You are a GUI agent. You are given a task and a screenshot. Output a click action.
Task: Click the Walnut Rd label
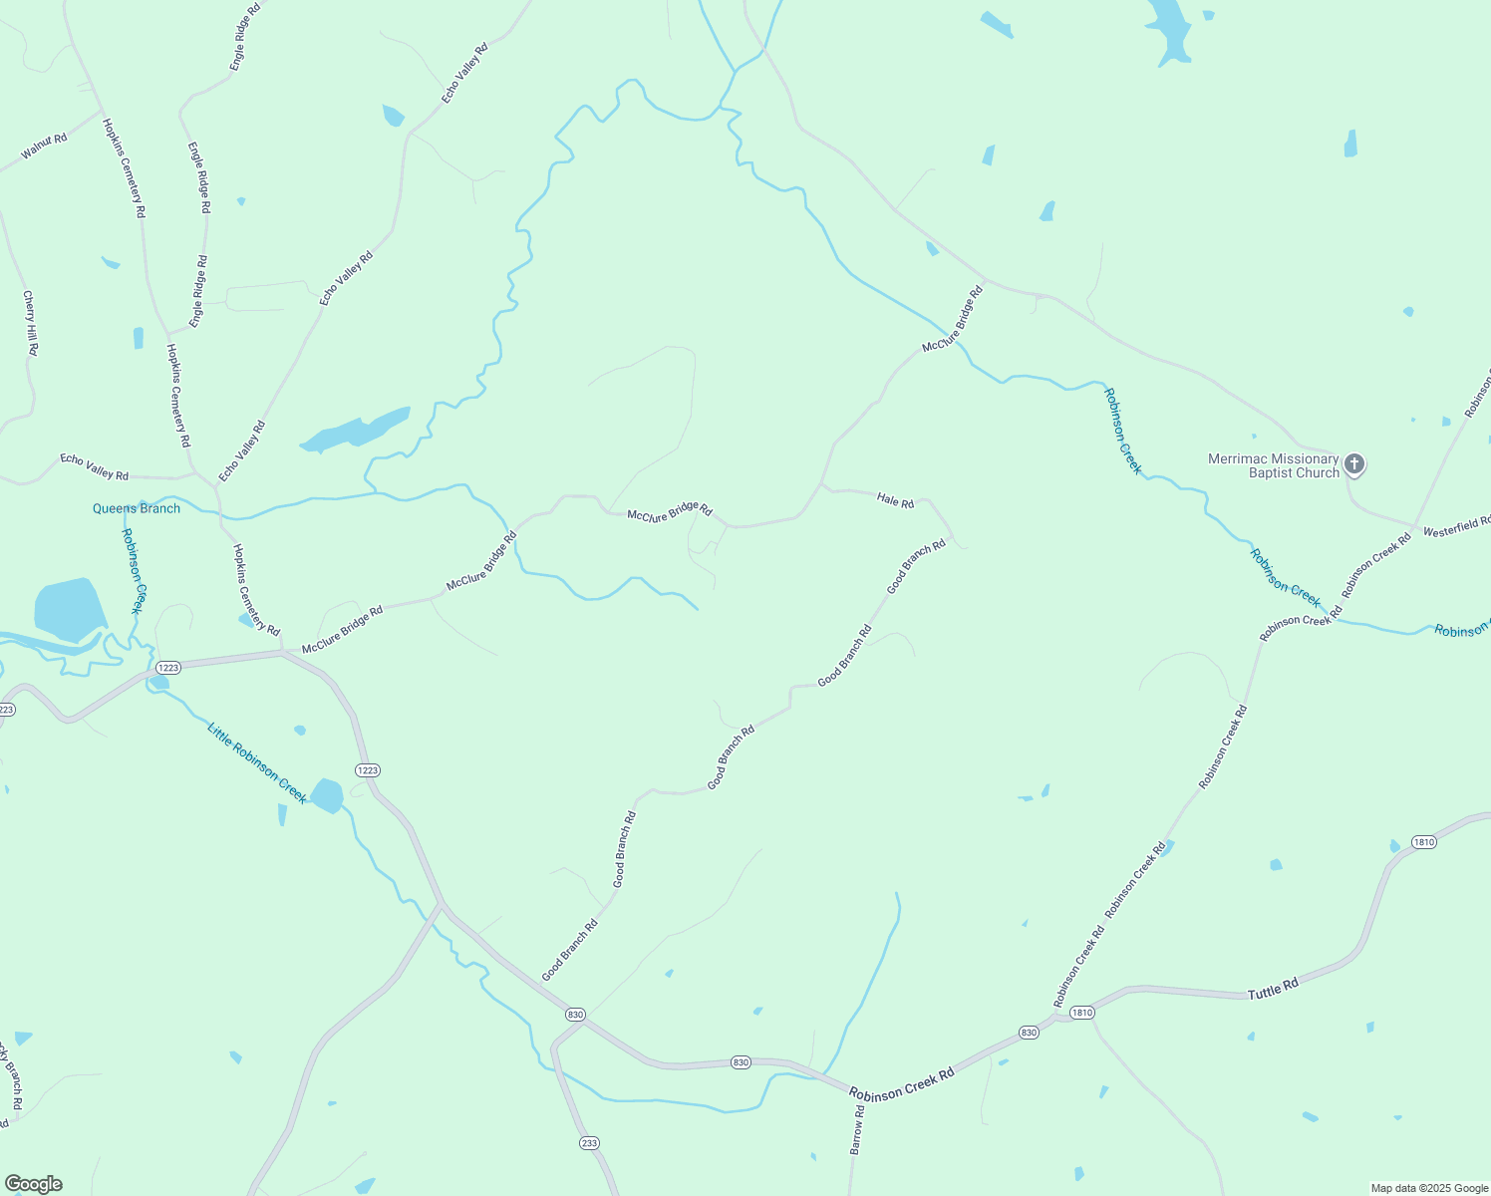(x=44, y=146)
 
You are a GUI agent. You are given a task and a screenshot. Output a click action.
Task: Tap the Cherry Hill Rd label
(x=30, y=323)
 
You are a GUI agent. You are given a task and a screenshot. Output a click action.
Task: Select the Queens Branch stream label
(x=137, y=508)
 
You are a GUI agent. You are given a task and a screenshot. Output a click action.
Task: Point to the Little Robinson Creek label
(x=256, y=763)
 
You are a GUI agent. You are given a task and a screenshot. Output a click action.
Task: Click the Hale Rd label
(x=895, y=500)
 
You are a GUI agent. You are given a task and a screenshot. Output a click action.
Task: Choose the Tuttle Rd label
(x=1273, y=988)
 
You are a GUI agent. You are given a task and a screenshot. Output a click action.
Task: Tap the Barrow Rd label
(x=857, y=1129)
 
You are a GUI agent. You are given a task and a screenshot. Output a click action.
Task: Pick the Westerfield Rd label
(x=1456, y=526)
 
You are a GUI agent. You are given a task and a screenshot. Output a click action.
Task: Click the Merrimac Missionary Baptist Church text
(x=1273, y=465)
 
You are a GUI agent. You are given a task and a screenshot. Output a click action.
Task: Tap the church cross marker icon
(x=1353, y=463)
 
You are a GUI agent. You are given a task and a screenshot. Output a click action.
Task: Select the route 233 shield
(x=589, y=1142)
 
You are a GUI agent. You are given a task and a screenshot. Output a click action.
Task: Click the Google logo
(x=33, y=1184)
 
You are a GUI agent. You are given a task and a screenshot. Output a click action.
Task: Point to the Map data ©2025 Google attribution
(x=1429, y=1188)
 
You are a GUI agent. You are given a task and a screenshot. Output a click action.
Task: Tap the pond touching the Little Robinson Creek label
(x=327, y=795)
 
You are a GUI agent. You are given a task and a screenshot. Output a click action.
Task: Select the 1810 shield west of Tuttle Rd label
(x=1082, y=1013)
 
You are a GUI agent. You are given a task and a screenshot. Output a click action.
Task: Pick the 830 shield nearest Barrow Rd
(x=740, y=1062)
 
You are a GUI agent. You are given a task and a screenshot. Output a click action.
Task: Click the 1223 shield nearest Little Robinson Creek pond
(x=368, y=770)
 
